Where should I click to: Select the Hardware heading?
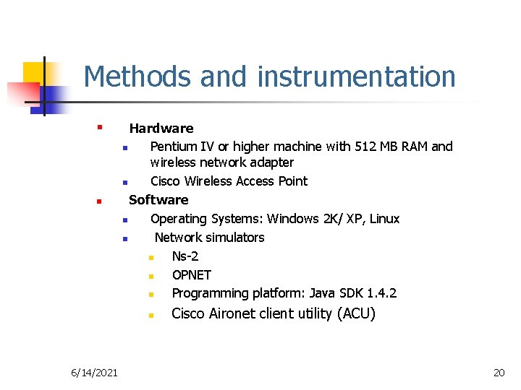click(x=161, y=129)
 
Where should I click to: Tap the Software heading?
click(x=158, y=200)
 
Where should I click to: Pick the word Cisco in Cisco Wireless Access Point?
click(x=166, y=181)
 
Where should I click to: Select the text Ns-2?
click(x=185, y=256)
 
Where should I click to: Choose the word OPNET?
click(x=192, y=275)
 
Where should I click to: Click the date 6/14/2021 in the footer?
click(x=95, y=372)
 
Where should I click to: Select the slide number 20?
click(x=499, y=372)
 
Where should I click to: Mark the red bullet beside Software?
click(x=98, y=201)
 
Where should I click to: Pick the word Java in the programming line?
click(x=322, y=293)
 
